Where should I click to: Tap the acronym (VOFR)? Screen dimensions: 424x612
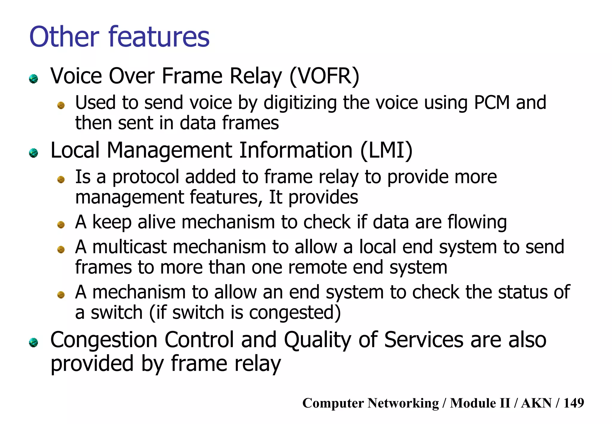tap(324, 76)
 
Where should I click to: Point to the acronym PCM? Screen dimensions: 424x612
tap(492, 103)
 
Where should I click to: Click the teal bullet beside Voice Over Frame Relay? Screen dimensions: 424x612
tap(33, 79)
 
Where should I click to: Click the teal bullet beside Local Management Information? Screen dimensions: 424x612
tap(33, 153)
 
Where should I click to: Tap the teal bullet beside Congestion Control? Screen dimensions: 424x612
tap(33, 343)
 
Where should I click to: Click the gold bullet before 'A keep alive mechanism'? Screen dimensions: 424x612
tap(61, 225)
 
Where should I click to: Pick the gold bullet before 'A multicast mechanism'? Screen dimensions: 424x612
tap(61, 249)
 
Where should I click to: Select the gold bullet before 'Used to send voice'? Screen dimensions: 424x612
tap(61, 105)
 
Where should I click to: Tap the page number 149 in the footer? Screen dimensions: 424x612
tap(573, 403)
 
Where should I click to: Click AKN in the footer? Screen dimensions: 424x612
tap(536, 403)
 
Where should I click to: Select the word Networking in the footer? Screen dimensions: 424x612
tap(403, 403)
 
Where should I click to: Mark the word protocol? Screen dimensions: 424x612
tap(146, 177)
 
